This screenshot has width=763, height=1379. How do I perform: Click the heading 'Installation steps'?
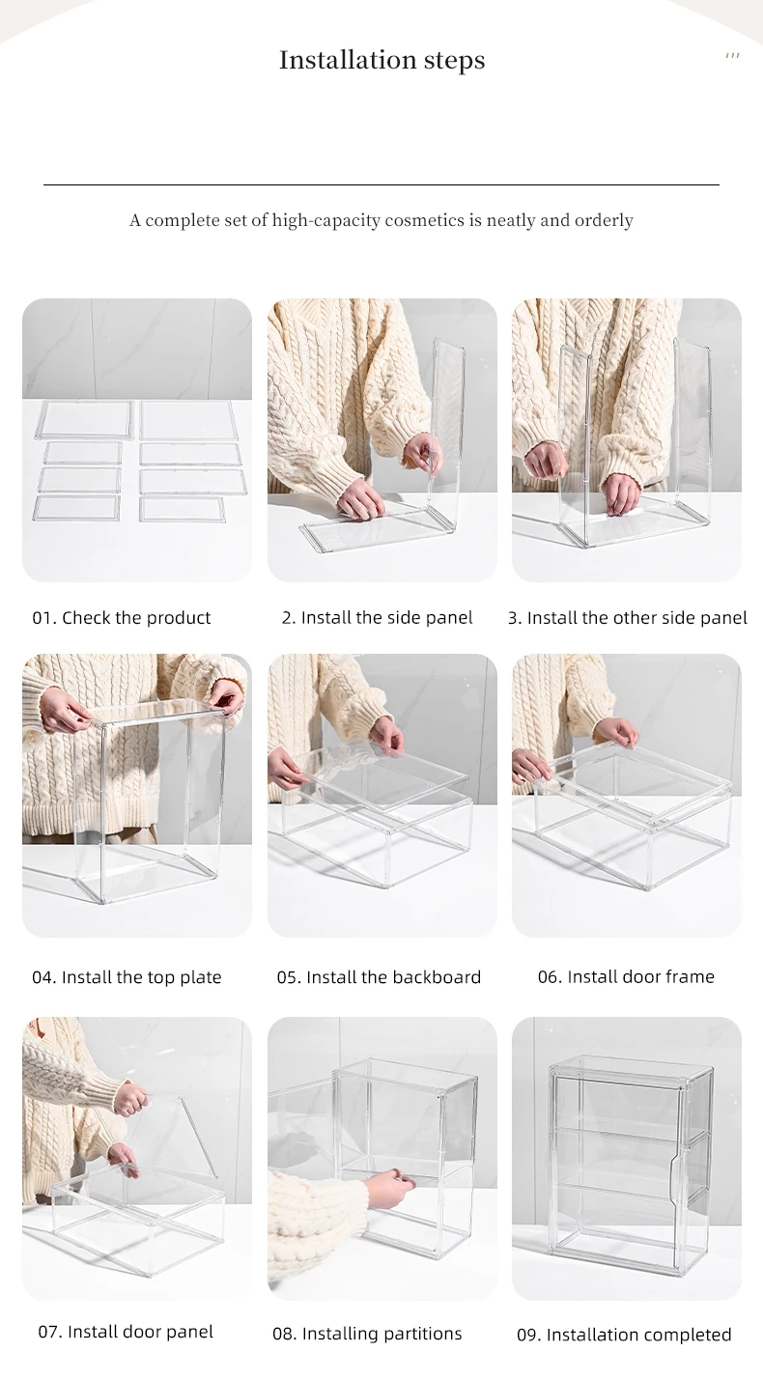click(x=381, y=60)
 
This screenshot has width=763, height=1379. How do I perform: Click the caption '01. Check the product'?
click(x=122, y=617)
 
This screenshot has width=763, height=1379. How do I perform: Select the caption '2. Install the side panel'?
click(x=377, y=617)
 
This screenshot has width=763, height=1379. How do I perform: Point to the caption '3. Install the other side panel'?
click(x=627, y=617)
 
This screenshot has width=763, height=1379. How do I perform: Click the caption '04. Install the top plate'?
click(x=127, y=977)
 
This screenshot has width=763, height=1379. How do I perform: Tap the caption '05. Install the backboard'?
click(x=378, y=977)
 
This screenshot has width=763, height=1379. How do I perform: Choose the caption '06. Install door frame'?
click(x=626, y=976)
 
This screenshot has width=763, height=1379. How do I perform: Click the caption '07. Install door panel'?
click(x=126, y=1332)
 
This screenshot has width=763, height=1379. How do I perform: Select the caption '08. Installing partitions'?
click(x=367, y=1334)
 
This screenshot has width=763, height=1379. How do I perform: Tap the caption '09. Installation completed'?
click(x=624, y=1335)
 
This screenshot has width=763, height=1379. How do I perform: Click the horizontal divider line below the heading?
click(x=381, y=184)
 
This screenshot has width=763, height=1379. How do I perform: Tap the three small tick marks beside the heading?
click(x=732, y=56)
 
